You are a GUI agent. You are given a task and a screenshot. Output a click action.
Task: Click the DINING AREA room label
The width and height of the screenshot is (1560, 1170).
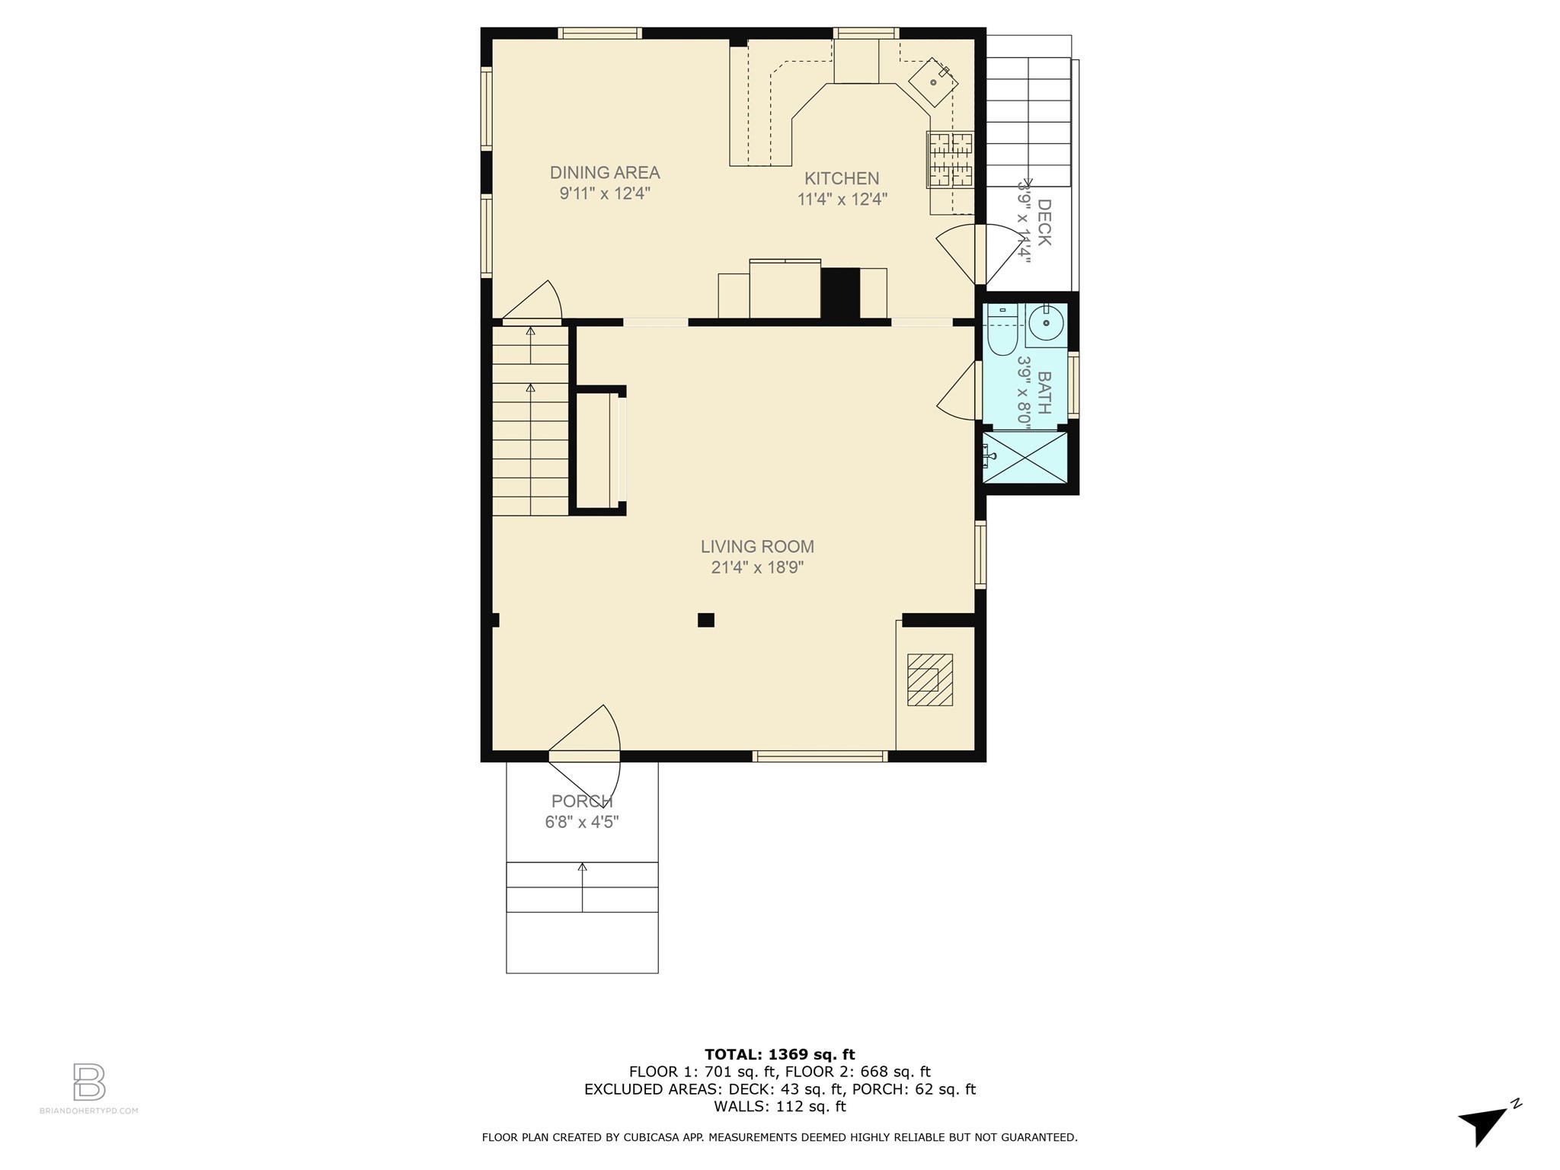605,173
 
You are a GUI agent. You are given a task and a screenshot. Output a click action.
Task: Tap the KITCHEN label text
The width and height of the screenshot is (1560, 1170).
842,178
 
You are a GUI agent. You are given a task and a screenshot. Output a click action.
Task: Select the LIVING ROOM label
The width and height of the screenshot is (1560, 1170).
757,547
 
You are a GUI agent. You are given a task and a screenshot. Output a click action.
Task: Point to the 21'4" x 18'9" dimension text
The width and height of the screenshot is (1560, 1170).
757,567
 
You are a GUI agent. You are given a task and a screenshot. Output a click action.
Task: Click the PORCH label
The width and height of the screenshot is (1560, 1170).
582,801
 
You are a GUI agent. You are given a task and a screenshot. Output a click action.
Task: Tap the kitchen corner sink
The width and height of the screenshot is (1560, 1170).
933,82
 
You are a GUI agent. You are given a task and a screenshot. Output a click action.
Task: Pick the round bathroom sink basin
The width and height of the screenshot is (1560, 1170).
1047,323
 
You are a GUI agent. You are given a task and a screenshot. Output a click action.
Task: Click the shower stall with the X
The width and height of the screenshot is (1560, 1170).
1025,457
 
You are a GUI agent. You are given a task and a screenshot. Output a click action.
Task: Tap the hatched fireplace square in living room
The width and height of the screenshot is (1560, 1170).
929,679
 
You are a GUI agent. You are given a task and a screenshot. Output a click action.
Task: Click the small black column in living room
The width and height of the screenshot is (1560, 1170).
706,620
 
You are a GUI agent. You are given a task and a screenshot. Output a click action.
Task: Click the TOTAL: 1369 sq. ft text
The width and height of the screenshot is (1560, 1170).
779,1055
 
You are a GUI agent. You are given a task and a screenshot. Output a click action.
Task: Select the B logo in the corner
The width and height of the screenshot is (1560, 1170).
89,1082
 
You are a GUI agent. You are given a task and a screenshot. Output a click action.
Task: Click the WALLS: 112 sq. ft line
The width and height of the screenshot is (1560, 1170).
779,1107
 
